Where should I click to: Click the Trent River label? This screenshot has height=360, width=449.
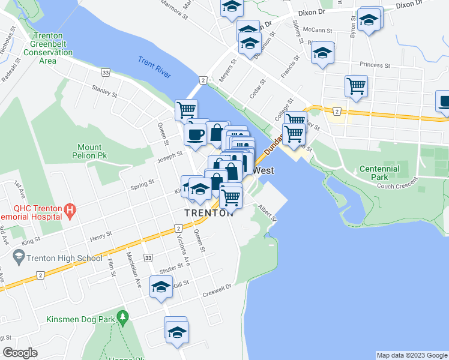point(154,68)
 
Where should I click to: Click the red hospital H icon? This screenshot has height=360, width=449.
point(70,211)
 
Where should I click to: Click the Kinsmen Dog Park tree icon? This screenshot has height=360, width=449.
point(122,316)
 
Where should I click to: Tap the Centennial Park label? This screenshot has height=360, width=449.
point(379,173)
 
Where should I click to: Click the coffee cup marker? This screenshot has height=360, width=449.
point(194,134)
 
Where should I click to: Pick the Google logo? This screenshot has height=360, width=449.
point(20,353)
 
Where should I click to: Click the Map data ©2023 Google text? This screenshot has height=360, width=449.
point(412,355)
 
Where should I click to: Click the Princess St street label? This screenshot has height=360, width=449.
point(375,64)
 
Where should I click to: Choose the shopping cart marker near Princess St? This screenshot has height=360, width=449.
point(356,86)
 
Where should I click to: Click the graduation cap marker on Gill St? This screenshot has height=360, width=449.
point(161,289)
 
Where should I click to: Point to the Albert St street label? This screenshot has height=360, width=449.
point(267,212)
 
